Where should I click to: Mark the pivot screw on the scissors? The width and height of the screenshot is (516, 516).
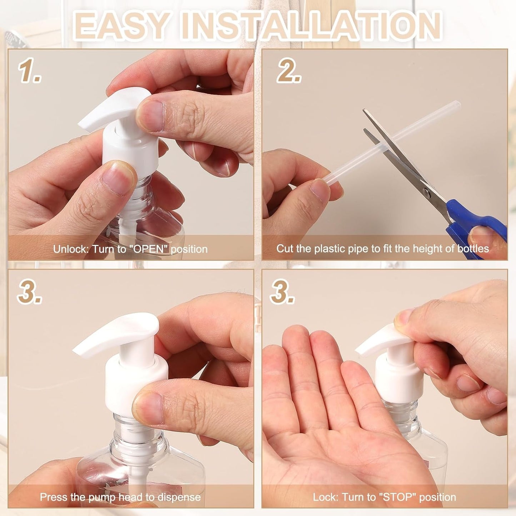(426, 193)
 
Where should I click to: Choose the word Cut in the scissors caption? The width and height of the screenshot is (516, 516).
(284, 249)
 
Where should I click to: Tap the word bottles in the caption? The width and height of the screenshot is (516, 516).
(473, 249)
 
